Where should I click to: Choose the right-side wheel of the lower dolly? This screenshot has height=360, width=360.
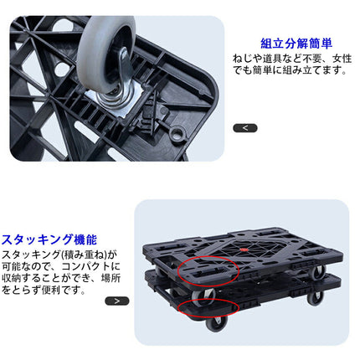click(315, 297)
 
